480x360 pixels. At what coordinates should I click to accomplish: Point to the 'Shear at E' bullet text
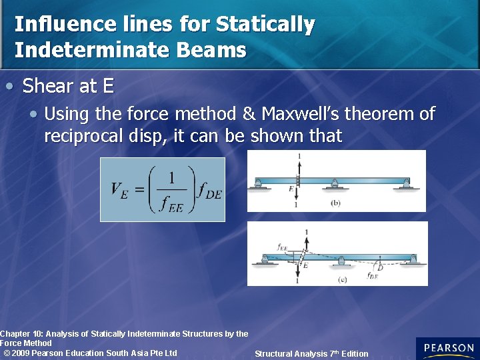point(68,86)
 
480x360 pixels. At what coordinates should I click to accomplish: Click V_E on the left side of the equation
point(119,189)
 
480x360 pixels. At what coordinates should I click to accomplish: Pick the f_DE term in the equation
point(209,190)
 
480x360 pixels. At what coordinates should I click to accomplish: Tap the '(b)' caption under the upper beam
point(336,203)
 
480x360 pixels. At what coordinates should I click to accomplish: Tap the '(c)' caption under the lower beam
point(342,279)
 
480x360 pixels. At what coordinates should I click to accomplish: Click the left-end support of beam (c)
point(265,261)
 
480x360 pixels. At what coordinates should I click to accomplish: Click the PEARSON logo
point(447,348)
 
